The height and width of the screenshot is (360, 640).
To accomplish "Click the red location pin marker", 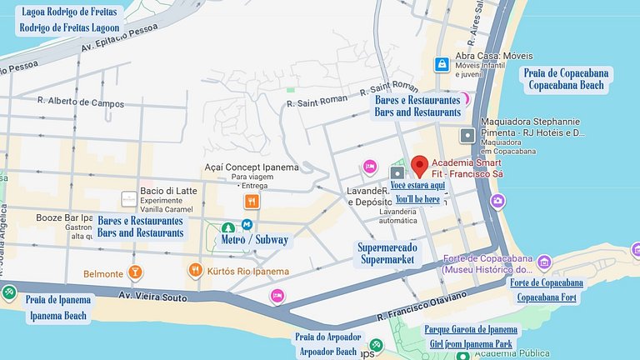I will [x=420, y=164].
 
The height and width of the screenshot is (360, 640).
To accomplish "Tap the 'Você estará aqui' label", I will [x=417, y=185].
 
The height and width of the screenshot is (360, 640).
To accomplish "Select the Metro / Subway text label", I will [x=255, y=240].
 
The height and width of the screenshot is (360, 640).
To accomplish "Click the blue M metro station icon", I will [x=247, y=225].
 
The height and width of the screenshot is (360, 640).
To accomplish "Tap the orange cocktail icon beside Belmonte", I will [x=135, y=272].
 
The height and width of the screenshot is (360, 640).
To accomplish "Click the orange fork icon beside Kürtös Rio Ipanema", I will [x=195, y=270].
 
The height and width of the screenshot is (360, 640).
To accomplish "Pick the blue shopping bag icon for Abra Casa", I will [x=440, y=63].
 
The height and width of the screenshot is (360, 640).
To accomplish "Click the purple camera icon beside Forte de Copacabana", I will [x=544, y=262].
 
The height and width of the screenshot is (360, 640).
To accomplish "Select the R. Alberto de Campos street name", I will [x=81, y=103].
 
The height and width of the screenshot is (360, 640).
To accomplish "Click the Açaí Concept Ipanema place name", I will [x=251, y=167].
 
